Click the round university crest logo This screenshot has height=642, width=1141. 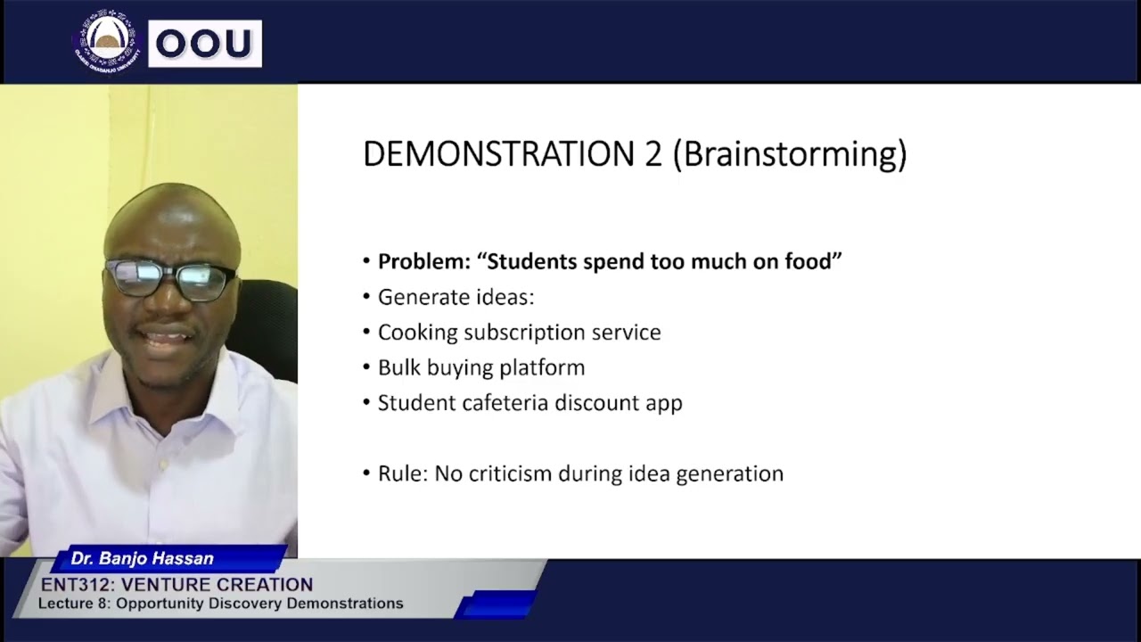coord(107,41)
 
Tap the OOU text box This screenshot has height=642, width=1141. coord(205,44)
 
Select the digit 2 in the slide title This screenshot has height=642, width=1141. coord(653,154)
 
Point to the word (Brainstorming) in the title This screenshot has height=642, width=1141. coord(789,155)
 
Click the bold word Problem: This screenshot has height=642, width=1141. coord(423,261)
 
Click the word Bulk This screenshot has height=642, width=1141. coord(398,367)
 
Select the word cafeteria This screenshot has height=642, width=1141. coord(505,403)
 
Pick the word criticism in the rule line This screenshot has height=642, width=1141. coord(505,473)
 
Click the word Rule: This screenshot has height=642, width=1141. coord(402,473)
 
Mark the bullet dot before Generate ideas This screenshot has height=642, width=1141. coord(366,297)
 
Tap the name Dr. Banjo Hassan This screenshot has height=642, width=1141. coord(143,559)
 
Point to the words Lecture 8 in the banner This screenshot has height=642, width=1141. coord(72,604)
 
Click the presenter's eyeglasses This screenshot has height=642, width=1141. coord(169,278)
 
